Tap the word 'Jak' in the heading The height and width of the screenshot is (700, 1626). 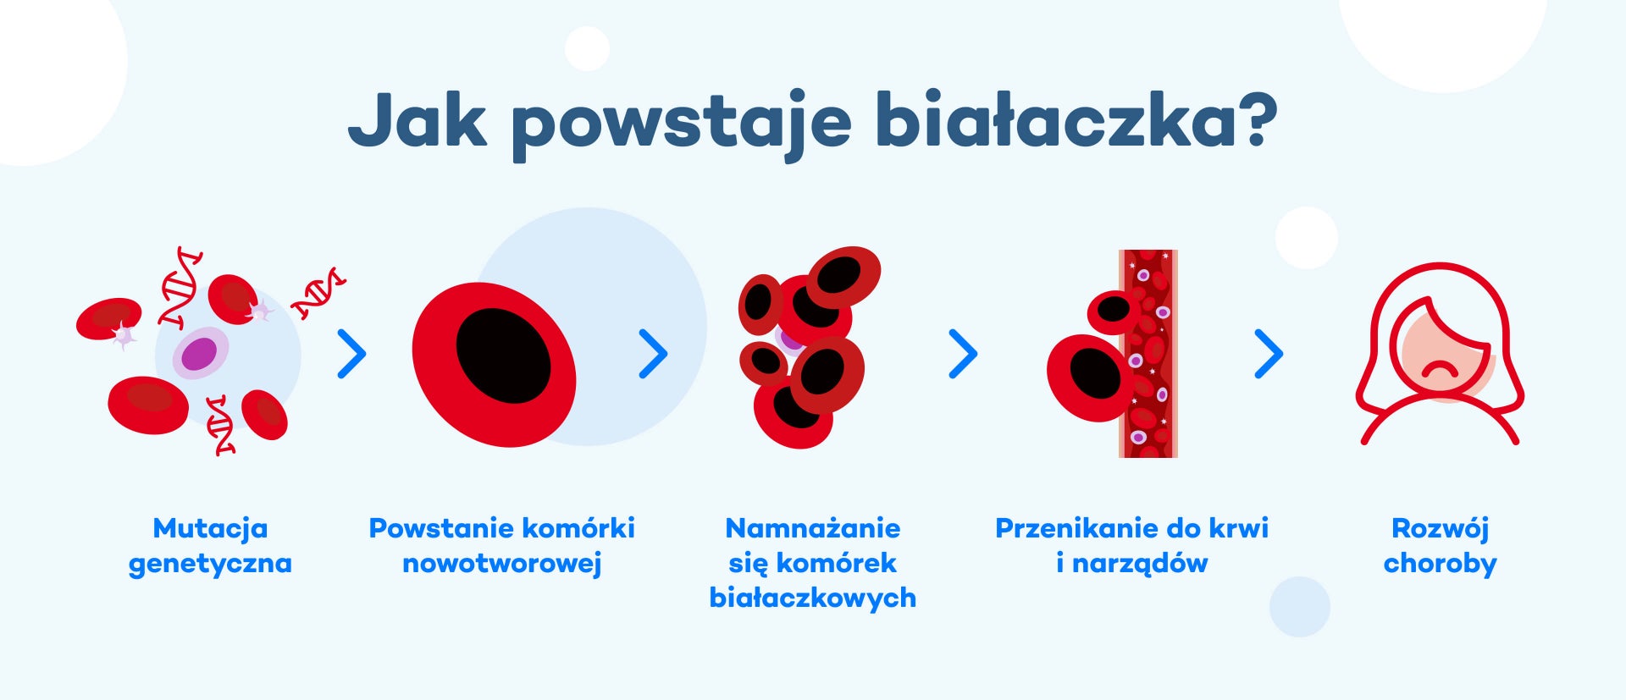(x=417, y=120)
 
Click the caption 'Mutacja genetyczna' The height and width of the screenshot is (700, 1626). (x=210, y=546)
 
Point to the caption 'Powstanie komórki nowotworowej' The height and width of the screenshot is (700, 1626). (x=501, y=546)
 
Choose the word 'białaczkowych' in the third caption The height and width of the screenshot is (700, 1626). (x=812, y=598)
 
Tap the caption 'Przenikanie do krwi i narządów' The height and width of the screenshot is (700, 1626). (x=1131, y=546)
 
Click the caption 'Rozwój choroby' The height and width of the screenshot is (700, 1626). (x=1440, y=546)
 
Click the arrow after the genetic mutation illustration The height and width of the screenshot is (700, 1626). (x=351, y=353)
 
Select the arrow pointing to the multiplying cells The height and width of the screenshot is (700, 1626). (x=653, y=353)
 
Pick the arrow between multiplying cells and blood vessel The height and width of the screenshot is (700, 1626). (x=963, y=353)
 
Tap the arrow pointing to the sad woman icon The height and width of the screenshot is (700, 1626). (x=1268, y=353)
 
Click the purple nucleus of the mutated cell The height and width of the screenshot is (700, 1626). (x=199, y=354)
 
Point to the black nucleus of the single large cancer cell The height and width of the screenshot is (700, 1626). (x=503, y=356)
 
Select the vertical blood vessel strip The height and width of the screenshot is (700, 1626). (x=1148, y=354)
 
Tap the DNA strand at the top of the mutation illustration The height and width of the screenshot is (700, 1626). (x=180, y=288)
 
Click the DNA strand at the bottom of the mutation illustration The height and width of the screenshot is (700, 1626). (x=221, y=425)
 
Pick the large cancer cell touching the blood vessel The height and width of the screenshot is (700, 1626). (x=1091, y=378)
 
